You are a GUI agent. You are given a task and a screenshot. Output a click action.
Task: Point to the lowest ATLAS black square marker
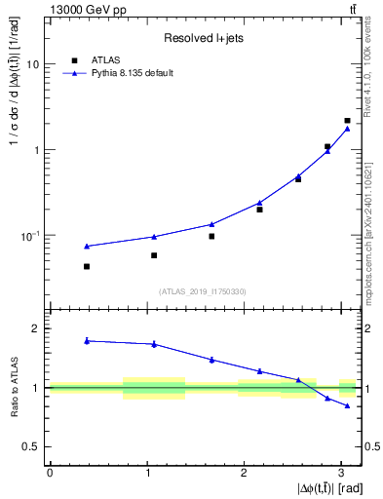click(x=87, y=266)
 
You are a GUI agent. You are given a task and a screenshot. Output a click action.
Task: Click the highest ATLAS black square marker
click(x=347, y=121)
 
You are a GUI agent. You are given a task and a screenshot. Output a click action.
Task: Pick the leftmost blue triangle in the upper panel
click(x=87, y=246)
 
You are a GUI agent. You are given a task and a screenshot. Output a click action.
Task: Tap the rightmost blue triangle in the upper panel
click(x=347, y=128)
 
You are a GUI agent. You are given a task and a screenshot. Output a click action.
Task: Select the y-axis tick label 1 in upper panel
click(x=37, y=150)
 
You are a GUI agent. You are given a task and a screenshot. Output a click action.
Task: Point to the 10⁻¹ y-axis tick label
click(x=31, y=235)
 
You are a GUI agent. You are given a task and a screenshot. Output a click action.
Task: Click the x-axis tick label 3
click(x=342, y=472)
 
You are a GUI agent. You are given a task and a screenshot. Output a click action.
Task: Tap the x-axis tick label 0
click(x=50, y=472)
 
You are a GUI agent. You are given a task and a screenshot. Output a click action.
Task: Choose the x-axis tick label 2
click(x=245, y=472)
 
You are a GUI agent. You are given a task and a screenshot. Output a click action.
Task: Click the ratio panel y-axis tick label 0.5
click(x=32, y=446)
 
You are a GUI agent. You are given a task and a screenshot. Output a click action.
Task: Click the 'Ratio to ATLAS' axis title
click(x=13, y=388)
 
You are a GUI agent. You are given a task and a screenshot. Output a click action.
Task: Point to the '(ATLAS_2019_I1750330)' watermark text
click(x=205, y=290)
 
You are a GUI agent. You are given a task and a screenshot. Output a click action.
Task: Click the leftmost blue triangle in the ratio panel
click(x=87, y=340)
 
